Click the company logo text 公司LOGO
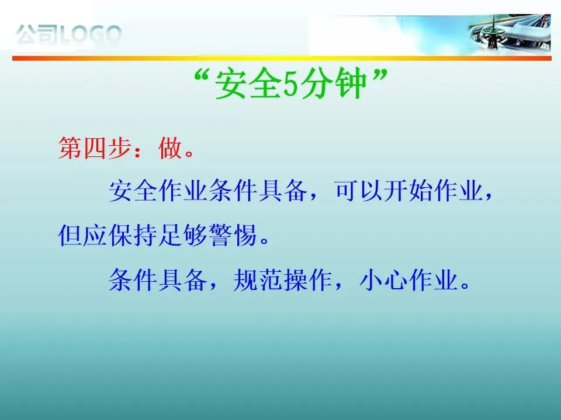[x=69, y=34]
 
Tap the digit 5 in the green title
[x=291, y=84]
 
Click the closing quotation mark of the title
[x=380, y=75]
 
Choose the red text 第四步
[x=95, y=148]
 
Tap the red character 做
[x=170, y=148]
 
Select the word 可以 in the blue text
[x=359, y=191]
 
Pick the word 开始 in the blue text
[x=408, y=191]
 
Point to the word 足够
[x=182, y=235]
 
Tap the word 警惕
[x=233, y=235]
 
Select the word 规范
[x=258, y=279]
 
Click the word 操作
[x=308, y=279]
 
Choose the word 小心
[x=383, y=279]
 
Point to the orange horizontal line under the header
[x=282, y=58]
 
